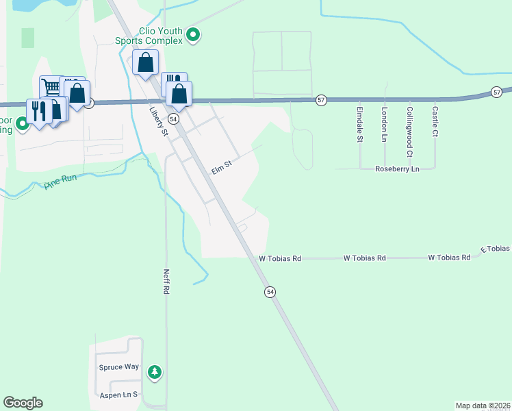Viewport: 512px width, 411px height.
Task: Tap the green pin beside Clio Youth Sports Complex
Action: [x=193, y=35]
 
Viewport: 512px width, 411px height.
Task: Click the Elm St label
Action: [x=222, y=166]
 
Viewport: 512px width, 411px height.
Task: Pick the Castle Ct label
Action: [x=434, y=121]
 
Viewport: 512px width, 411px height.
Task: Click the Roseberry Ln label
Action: [x=397, y=169]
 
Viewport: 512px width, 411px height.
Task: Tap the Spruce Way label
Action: [x=119, y=367]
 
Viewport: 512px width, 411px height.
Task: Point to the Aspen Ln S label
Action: [x=119, y=395]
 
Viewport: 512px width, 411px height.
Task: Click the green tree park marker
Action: [x=155, y=371]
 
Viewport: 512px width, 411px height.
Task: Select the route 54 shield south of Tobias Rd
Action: [x=270, y=292]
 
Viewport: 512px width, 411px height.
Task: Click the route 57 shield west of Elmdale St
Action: [x=320, y=100]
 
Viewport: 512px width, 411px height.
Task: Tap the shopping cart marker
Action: [x=51, y=87]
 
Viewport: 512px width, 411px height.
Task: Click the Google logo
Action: [x=23, y=403]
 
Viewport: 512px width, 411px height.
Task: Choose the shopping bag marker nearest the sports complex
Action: [x=146, y=63]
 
